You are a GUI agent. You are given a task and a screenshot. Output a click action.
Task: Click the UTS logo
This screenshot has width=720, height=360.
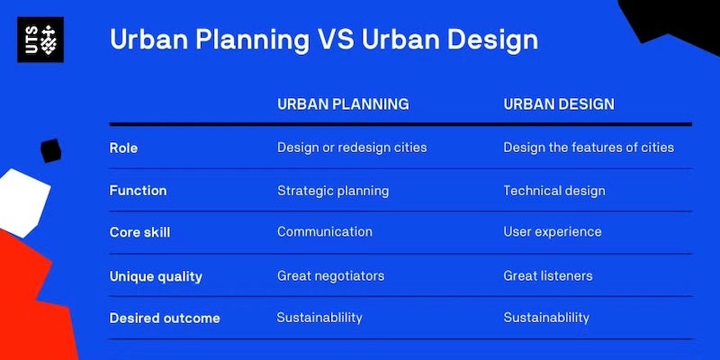pyautogui.click(x=40, y=40)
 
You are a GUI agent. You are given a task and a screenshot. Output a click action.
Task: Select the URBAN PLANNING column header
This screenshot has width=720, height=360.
pyautogui.click(x=343, y=104)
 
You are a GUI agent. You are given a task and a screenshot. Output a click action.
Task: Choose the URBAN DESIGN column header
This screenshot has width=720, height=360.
pyautogui.click(x=559, y=104)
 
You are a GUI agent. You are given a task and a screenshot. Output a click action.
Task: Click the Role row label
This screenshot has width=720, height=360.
pyautogui.click(x=123, y=148)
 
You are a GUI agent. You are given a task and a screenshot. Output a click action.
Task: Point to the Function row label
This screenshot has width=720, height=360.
pyautogui.click(x=138, y=191)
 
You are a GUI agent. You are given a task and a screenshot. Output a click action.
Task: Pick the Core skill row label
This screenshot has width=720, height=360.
pyautogui.click(x=139, y=232)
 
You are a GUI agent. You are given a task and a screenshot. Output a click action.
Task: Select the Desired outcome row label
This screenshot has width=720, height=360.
pyautogui.click(x=165, y=318)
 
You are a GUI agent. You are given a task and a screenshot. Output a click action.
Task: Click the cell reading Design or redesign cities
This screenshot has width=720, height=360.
pyautogui.click(x=352, y=148)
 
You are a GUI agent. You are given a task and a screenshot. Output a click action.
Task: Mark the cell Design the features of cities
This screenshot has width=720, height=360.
pyautogui.click(x=589, y=148)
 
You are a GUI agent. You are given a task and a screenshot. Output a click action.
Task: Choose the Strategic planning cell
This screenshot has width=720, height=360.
pyautogui.click(x=333, y=191)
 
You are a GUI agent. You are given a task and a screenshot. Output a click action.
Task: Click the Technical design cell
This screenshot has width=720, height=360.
pyautogui.click(x=554, y=191)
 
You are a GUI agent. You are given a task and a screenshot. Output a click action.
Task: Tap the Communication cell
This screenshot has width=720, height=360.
pyautogui.click(x=324, y=232)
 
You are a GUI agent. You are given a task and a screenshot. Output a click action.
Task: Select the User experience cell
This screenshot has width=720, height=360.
pyautogui.click(x=553, y=232)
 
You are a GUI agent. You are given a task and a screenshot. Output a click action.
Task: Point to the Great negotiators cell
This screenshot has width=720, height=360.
pyautogui.click(x=330, y=275)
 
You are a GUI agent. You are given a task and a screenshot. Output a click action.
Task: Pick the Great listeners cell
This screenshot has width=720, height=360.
pyautogui.click(x=548, y=275)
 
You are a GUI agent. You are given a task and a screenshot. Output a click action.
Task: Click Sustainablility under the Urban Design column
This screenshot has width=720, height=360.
pyautogui.click(x=546, y=318)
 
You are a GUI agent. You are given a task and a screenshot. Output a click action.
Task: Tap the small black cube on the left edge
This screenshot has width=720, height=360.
pyautogui.click(x=50, y=150)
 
